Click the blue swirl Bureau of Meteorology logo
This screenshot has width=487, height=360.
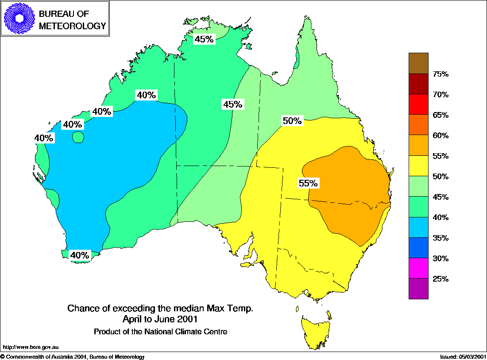click(19, 19)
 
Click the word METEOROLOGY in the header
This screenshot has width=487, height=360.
click(73, 26)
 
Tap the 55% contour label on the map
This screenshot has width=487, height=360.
click(308, 183)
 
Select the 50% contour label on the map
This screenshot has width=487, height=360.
click(292, 120)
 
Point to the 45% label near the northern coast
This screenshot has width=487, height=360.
click(204, 39)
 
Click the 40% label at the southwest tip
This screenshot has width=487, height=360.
click(80, 255)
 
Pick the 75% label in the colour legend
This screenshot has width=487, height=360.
click(441, 74)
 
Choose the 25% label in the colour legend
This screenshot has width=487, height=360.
click(441, 279)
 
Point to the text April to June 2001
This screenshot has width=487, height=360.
click(160, 319)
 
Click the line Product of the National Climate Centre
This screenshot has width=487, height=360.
click(160, 331)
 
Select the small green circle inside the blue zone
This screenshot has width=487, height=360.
click(78, 137)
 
